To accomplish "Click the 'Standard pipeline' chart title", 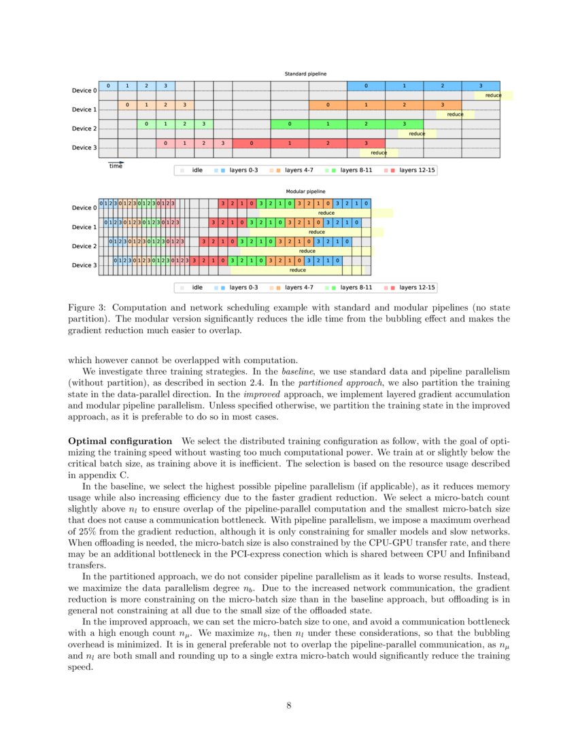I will pos(305,73).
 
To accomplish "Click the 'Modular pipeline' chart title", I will pos(305,192).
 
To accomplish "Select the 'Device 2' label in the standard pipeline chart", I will pos(84,129).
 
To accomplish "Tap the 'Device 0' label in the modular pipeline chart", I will pos(84,207).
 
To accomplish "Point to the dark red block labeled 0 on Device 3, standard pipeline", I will pos(252,143).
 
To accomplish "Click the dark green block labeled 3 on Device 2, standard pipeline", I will pos(404,124).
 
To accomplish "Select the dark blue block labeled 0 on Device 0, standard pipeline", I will pos(366,86).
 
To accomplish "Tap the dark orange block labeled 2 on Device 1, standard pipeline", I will pos(404,105).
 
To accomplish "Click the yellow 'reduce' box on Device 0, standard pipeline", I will pos(493,95).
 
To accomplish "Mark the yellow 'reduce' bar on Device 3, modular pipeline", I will pos(297,270).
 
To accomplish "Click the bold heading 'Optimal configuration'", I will pos(120,441).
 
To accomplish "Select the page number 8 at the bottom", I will pos(289,705).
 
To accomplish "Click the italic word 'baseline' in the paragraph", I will pos(298,371).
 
